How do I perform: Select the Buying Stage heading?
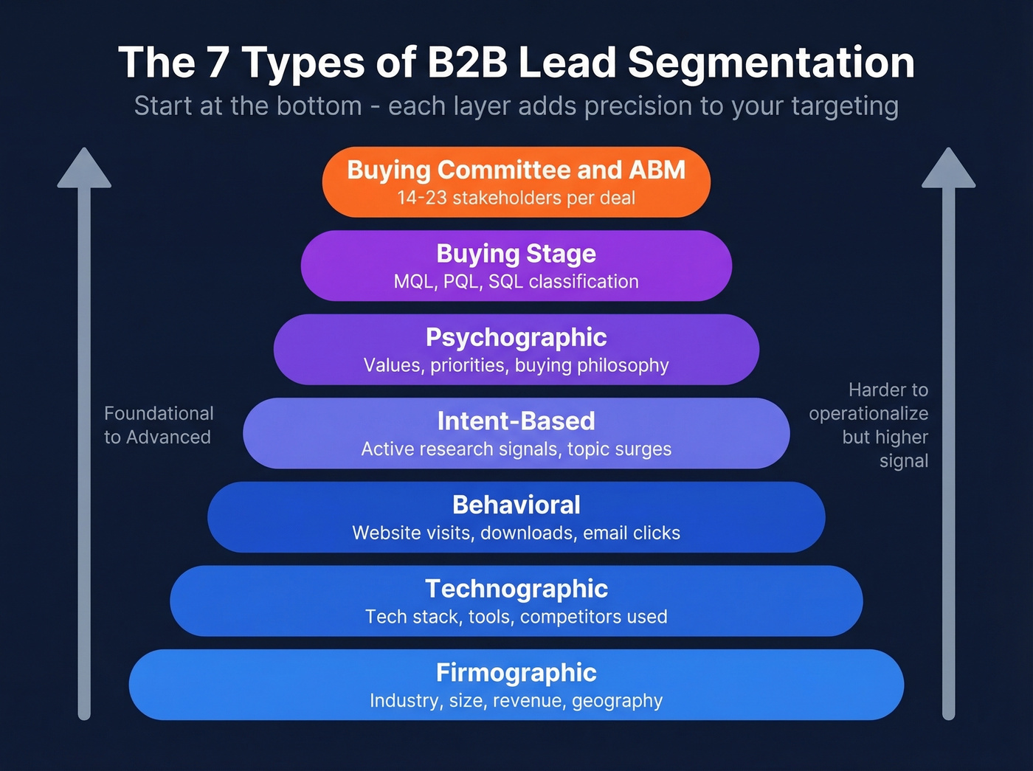click(x=516, y=254)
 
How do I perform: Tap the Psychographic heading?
click(x=516, y=337)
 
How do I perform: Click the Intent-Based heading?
click(x=516, y=421)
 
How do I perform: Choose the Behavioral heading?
click(x=516, y=505)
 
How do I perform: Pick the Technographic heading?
click(x=516, y=589)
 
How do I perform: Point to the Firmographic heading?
click(x=516, y=673)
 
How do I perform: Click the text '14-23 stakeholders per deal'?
click(x=516, y=198)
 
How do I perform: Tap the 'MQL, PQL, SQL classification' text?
click(x=516, y=282)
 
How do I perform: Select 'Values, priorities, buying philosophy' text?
click(x=516, y=365)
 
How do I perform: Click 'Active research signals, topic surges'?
click(x=516, y=449)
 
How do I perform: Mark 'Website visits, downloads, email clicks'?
click(x=516, y=533)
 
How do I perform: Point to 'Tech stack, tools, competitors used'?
click(x=516, y=617)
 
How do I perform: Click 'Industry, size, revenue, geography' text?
click(x=516, y=701)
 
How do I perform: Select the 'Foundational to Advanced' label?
click(x=158, y=425)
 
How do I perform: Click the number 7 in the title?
click(x=218, y=62)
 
